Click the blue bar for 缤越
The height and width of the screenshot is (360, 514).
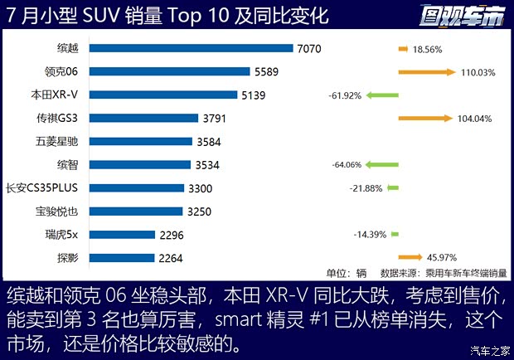(192, 49)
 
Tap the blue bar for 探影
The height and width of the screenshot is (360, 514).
(122, 258)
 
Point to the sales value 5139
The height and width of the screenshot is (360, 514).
(253, 95)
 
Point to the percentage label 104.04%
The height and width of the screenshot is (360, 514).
(474, 119)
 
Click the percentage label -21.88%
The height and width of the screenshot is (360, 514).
(366, 188)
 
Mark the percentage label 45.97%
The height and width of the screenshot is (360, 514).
(440, 257)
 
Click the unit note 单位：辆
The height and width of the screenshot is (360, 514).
(347, 273)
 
